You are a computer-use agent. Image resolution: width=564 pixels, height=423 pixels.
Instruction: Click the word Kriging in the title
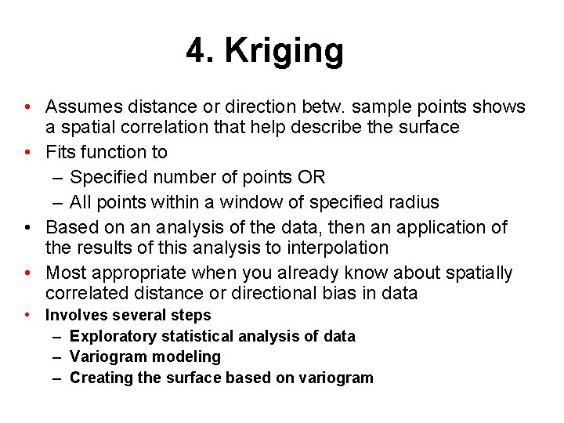pos(284,52)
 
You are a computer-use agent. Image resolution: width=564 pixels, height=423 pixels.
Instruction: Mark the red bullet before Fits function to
pos(27,152)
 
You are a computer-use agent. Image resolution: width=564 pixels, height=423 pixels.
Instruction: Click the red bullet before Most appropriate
pos(27,273)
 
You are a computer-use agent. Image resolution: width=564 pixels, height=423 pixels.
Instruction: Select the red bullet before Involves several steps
pos(27,315)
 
